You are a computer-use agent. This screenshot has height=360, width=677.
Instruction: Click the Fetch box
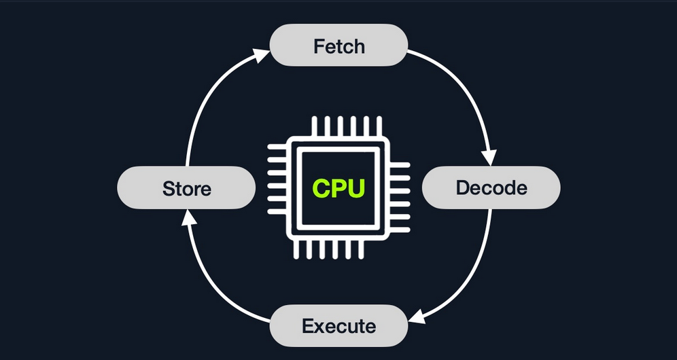pos(338,46)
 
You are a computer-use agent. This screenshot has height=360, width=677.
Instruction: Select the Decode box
pos(491,187)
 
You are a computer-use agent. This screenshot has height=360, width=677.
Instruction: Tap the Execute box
pos(338,326)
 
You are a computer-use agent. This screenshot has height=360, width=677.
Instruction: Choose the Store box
pos(186,187)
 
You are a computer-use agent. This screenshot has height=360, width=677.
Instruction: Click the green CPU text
pos(338,187)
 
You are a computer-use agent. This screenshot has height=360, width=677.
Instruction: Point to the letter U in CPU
pos(355,187)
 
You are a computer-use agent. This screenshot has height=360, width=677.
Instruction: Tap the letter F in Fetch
pos(318,46)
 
